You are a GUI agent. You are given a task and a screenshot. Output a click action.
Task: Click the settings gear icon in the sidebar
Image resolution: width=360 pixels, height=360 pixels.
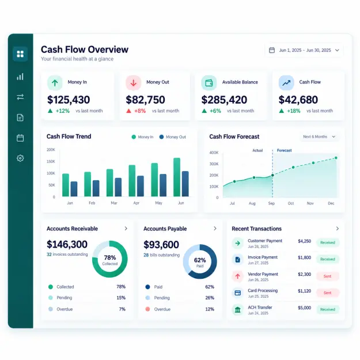click(20, 158)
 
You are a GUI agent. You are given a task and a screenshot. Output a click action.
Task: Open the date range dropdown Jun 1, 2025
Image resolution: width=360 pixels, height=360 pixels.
click(304, 50)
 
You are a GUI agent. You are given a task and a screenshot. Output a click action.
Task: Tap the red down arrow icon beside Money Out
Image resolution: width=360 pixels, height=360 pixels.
click(134, 83)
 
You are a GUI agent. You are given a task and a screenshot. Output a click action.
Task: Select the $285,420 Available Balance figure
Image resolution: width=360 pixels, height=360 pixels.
click(224, 100)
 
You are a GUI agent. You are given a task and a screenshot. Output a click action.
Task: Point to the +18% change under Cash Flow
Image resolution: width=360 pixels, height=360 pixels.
click(293, 111)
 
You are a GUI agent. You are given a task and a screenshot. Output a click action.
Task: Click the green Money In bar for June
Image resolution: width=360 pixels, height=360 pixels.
click(177, 177)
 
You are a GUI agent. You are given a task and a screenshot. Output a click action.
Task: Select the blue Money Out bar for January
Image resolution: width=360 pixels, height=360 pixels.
click(74, 189)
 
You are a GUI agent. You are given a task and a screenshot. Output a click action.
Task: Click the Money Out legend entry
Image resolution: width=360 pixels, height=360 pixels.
click(173, 137)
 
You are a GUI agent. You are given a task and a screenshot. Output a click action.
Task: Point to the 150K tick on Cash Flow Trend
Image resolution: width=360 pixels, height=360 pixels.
click(51, 161)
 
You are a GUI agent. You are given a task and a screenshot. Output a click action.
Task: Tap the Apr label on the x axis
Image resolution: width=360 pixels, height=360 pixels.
click(137, 203)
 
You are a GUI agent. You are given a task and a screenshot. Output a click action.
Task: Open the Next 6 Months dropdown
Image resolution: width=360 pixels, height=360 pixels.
click(319, 137)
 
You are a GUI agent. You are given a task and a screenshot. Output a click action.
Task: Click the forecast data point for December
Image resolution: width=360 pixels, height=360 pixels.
click(336, 158)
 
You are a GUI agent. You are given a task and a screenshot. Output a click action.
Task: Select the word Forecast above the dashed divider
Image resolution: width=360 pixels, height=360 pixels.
click(284, 150)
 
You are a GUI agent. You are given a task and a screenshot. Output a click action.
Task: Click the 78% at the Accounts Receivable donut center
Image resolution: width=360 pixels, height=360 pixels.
click(110, 257)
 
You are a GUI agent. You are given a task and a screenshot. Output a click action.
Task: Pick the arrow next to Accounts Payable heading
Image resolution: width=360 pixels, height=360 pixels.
click(215, 229)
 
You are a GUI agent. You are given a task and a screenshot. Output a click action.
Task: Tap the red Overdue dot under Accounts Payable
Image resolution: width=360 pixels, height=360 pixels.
click(147, 309)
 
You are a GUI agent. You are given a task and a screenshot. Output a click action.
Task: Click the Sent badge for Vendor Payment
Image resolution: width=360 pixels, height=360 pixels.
click(327, 276)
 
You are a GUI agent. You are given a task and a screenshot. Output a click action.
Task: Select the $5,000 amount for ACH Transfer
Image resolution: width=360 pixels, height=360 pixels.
click(305, 308)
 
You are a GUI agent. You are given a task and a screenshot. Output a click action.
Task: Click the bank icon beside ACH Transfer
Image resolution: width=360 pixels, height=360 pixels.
click(238, 310)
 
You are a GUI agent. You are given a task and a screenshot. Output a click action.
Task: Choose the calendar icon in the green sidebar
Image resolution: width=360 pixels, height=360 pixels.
click(20, 138)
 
